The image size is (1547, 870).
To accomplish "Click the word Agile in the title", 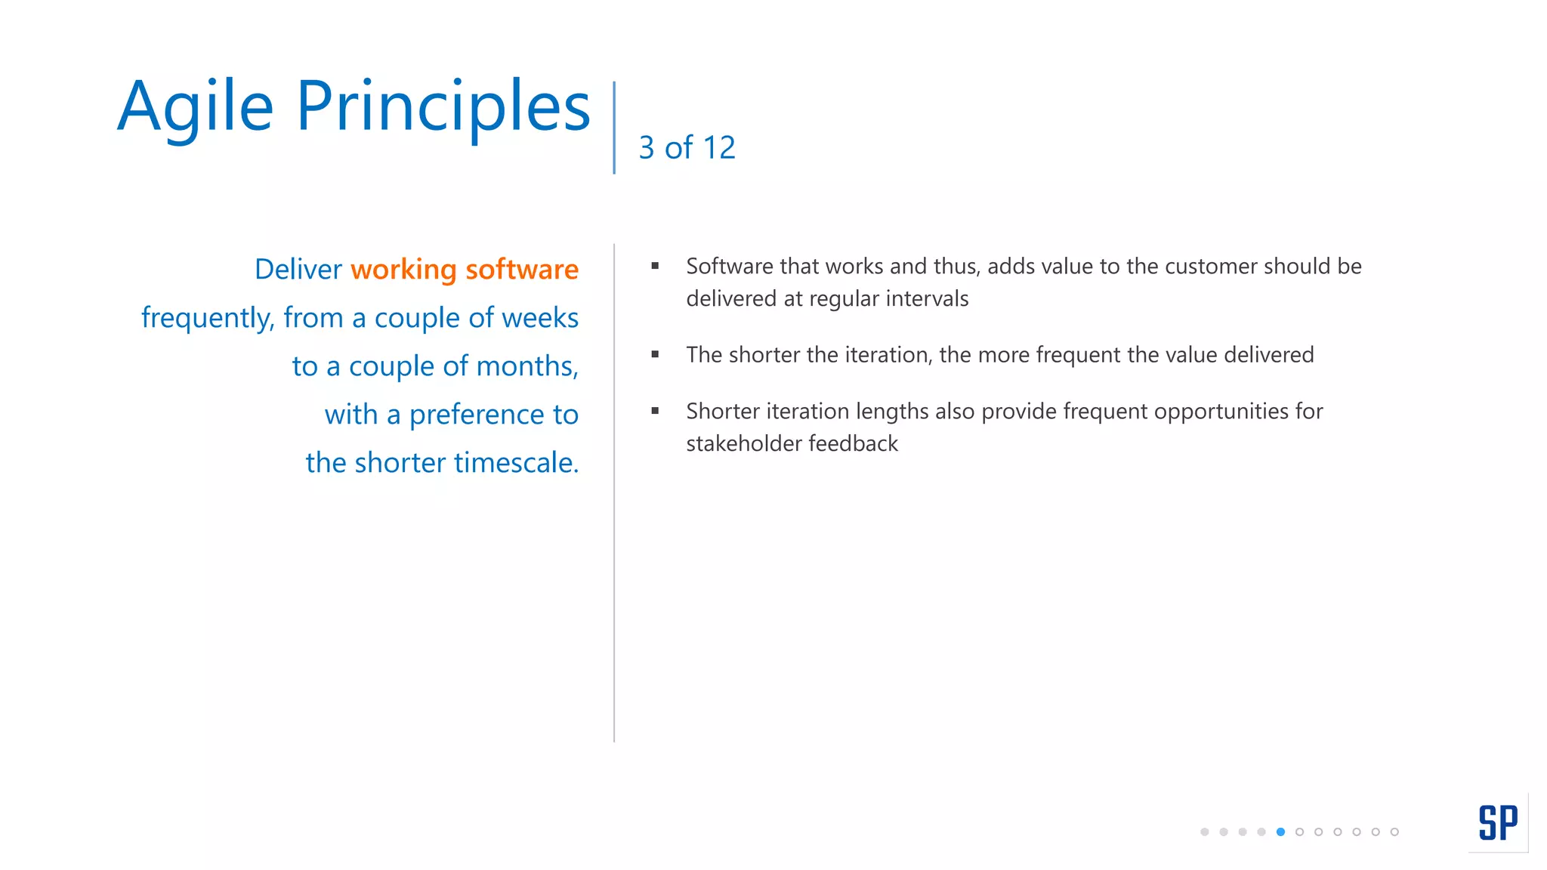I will click(x=195, y=107).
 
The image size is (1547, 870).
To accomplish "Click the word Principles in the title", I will click(x=443, y=107).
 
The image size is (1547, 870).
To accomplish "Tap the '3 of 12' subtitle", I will click(x=687, y=147).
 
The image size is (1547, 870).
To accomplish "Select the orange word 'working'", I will click(x=403, y=270).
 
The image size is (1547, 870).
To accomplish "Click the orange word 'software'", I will click(x=522, y=270).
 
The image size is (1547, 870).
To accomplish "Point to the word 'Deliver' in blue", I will click(x=298, y=270).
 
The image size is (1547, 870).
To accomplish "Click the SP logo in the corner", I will click(x=1498, y=822).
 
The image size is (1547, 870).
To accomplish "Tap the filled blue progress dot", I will click(x=1280, y=831).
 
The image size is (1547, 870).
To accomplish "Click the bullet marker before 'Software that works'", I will click(x=655, y=266).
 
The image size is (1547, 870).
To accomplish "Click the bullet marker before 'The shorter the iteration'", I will click(x=655, y=354).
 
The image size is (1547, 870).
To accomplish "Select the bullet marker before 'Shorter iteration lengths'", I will click(x=655, y=411).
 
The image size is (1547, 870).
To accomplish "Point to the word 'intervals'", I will click(x=927, y=298).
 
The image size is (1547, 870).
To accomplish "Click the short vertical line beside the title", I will click(x=614, y=128).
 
